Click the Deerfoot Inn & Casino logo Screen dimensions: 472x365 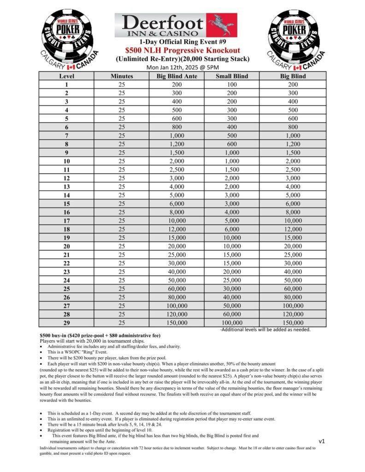pyautogui.click(x=176, y=25)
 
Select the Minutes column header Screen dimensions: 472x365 pyautogui.click(x=122, y=76)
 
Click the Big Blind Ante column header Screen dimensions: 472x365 pyautogui.click(x=177, y=76)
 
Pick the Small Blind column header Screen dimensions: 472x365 pyautogui.click(x=232, y=76)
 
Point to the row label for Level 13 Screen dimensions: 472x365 pyautogui.click(x=66, y=187)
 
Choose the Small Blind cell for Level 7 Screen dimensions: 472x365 pyautogui.click(x=232, y=136)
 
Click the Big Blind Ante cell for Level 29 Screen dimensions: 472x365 pyautogui.click(x=177, y=323)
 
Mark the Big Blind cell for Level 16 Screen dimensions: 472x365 pyautogui.click(x=292, y=212)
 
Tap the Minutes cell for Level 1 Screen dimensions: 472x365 pyautogui.click(x=122, y=84)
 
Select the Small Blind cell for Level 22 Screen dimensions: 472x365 pyautogui.click(x=232, y=263)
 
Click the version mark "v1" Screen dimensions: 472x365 pyautogui.click(x=321, y=441)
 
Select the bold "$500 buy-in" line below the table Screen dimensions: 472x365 pyautogui.click(x=100, y=335)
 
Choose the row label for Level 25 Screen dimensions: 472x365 pyautogui.click(x=66, y=289)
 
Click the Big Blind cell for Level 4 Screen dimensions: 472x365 pyautogui.click(x=292, y=110)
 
